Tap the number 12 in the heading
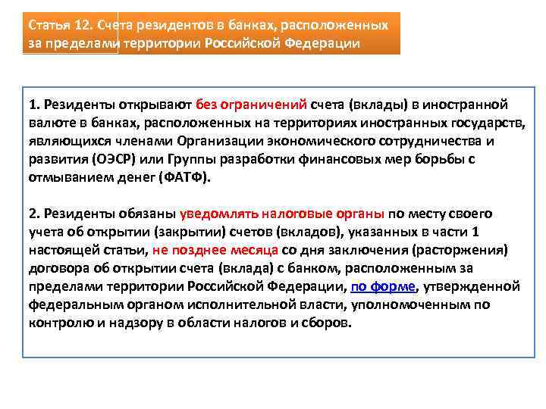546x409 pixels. tap(84, 25)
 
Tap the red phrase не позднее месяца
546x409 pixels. tap(215, 250)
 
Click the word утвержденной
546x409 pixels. tap(471, 286)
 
